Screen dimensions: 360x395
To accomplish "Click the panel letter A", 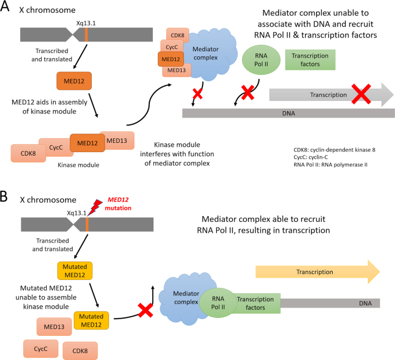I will tap(6, 9).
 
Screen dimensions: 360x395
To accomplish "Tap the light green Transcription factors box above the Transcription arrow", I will tap(311, 60).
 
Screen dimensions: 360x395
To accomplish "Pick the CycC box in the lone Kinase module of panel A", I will tap(55, 147).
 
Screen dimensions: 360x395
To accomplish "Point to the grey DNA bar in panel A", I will tap(288, 113).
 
